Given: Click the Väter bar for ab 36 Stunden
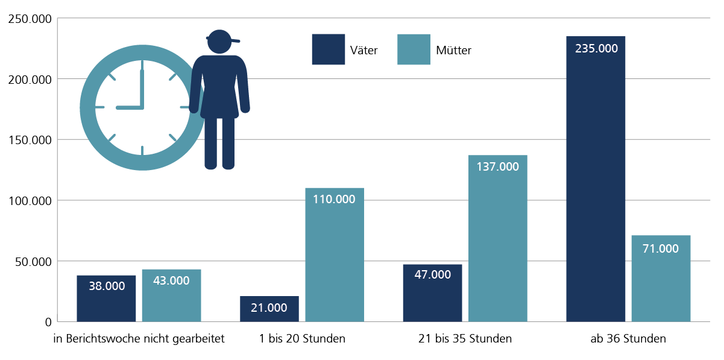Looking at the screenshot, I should tap(596, 181).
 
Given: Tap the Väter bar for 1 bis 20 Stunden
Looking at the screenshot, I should tap(269, 309).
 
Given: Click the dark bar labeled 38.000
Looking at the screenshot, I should tap(106, 298).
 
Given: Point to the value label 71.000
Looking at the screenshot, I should tap(661, 248).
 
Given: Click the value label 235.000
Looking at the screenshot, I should tap(596, 49).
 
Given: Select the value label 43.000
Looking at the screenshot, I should tap(171, 280).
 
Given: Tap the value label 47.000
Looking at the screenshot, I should tap(432, 274).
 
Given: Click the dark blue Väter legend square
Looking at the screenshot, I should tap(328, 49).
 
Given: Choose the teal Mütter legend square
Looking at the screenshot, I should tap(414, 49).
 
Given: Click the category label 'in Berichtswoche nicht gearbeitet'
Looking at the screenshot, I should tap(139, 339).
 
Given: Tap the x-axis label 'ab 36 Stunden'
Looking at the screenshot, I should tap(628, 339).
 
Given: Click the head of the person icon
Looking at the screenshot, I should tap(219, 42).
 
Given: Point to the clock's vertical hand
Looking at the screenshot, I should tap(142, 89).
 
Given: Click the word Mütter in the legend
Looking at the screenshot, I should tap(453, 51).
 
